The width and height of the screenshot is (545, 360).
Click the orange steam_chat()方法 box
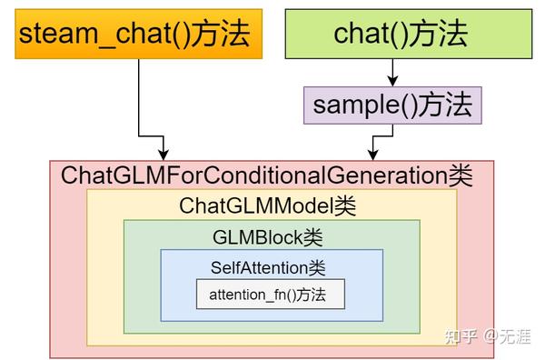134,36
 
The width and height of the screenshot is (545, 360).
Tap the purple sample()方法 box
392,105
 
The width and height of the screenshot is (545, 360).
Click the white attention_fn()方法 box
271,295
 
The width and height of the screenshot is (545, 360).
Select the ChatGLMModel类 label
268,206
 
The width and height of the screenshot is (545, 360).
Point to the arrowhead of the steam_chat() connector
163,153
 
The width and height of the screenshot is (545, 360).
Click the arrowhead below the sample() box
372,153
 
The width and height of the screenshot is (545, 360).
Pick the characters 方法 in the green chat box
441,35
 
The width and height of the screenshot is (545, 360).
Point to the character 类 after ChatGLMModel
346,206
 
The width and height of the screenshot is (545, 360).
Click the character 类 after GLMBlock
312,237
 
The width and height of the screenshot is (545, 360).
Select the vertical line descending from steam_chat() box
138,100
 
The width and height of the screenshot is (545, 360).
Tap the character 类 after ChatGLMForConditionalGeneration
461,175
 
